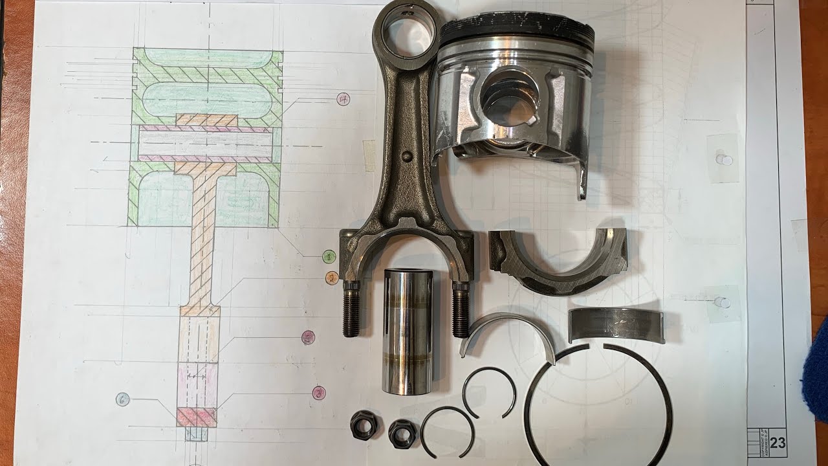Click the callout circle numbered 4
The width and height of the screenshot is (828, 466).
point(343,99)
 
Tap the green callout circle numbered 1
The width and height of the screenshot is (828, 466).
point(329,256)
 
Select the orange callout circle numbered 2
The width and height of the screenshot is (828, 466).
point(331,278)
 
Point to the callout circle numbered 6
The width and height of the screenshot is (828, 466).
point(123,399)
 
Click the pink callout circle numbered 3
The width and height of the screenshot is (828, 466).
point(318,392)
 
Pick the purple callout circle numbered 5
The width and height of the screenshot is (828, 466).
point(308,337)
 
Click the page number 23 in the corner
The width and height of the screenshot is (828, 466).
point(778,443)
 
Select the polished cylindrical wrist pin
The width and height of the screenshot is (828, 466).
point(407,330)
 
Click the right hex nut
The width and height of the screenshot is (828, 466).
point(402,432)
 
